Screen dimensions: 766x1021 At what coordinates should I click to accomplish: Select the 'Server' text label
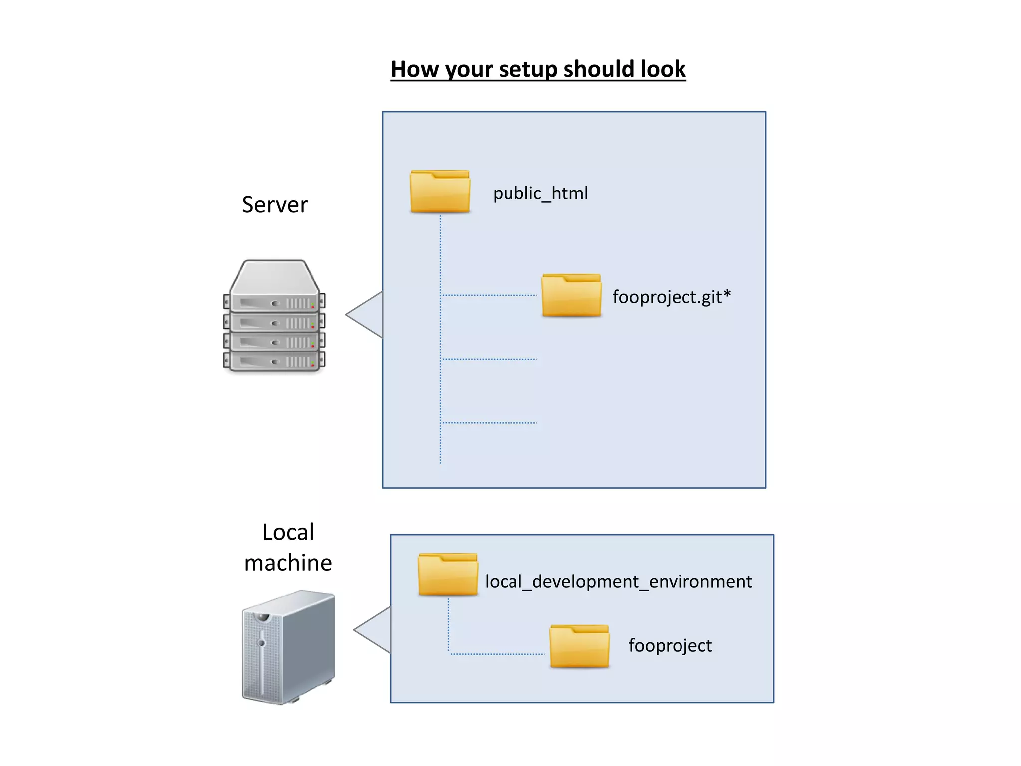pyautogui.click(x=275, y=205)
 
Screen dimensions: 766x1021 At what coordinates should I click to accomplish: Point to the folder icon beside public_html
pyautogui.click(x=440, y=191)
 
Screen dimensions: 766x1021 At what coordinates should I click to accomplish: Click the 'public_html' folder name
pyautogui.click(x=540, y=193)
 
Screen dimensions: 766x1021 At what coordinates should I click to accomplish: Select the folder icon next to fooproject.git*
pyautogui.click(x=571, y=295)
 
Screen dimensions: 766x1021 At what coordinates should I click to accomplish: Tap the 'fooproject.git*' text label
pyautogui.click(x=671, y=297)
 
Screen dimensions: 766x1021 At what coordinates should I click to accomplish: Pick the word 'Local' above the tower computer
pyautogui.click(x=288, y=532)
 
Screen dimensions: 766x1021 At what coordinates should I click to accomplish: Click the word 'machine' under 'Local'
pyautogui.click(x=288, y=563)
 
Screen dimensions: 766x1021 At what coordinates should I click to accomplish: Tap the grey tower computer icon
pyautogui.click(x=288, y=647)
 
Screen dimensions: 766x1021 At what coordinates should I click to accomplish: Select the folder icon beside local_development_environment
pyautogui.click(x=448, y=574)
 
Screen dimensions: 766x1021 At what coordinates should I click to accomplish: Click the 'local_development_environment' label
pyautogui.click(x=618, y=582)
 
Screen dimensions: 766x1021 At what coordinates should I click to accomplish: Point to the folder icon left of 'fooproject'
pyautogui.click(x=579, y=646)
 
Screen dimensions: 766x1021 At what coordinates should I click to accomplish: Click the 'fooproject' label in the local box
pyautogui.click(x=670, y=646)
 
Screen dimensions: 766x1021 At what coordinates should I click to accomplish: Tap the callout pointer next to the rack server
pyautogui.click(x=366, y=315)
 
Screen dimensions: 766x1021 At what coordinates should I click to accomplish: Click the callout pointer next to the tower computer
pyautogui.click(x=374, y=630)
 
